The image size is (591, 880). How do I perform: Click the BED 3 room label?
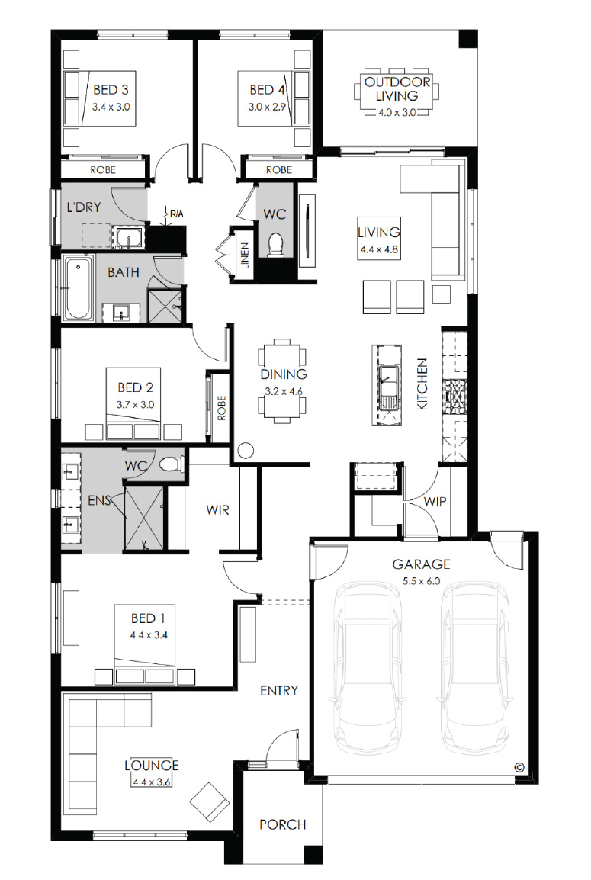point(111,89)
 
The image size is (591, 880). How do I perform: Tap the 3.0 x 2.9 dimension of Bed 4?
point(267,107)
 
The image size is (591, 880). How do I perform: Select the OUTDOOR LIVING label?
point(397,88)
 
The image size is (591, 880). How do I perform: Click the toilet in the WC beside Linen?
point(275,245)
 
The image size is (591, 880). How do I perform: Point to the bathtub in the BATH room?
point(78,288)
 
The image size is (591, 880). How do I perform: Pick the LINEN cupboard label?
point(245,255)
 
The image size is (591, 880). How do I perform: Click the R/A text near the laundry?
point(177,214)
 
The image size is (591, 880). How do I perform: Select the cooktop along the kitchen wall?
point(455,397)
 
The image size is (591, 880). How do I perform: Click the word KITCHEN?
point(422,384)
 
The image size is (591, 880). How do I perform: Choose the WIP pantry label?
point(435,501)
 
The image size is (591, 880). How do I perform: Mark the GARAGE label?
point(421,564)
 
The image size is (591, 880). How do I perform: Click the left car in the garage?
point(367,670)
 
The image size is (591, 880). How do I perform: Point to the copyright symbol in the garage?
point(519,767)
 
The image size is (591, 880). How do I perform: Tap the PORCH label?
point(283,824)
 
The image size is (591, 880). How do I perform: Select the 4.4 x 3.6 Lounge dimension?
point(152,781)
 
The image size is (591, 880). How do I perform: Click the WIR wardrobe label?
point(218,510)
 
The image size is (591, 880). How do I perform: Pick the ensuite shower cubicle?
point(145,518)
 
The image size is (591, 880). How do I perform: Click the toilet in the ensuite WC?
point(172,464)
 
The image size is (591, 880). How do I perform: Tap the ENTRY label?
point(279,690)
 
